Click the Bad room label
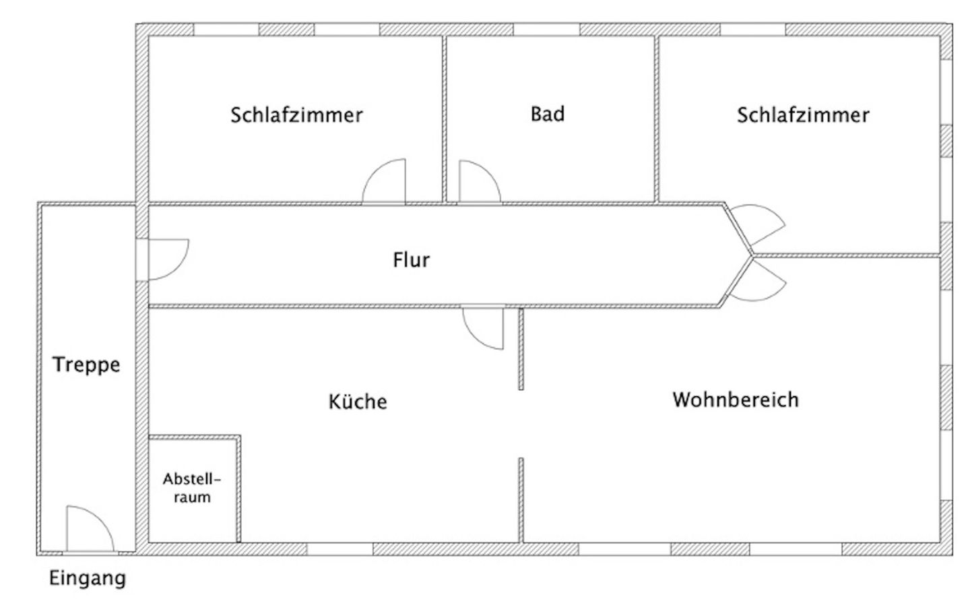tap(547, 114)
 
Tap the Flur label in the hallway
tap(411, 259)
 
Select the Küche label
tap(358, 402)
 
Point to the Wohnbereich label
tap(736, 400)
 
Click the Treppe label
tap(86, 365)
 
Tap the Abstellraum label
tap(192, 488)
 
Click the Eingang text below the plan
tap(88, 578)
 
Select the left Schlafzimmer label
tap(296, 115)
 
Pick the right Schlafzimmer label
tap(803, 115)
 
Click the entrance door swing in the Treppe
tap(89, 530)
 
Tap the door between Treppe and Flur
tap(163, 259)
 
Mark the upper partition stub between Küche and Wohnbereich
tap(521, 349)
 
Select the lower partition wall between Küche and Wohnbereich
tap(521, 499)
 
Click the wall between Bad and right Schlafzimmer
tap(657, 119)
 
